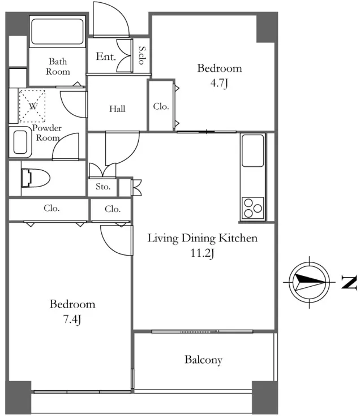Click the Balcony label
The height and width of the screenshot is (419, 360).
click(x=203, y=360)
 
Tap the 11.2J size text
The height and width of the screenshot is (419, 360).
click(x=202, y=253)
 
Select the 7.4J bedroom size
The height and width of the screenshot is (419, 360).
click(x=72, y=319)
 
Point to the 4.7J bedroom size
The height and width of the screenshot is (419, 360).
click(x=219, y=83)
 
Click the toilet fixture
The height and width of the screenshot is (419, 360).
click(x=35, y=178)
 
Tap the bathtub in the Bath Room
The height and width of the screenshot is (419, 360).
click(x=57, y=32)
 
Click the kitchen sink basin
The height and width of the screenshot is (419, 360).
click(x=253, y=150)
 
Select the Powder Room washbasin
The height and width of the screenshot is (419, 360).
click(x=20, y=142)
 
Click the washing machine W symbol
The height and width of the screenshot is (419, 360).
click(x=33, y=106)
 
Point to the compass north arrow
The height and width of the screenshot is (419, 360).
click(x=310, y=282)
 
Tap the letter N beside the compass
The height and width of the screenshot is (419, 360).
click(x=349, y=282)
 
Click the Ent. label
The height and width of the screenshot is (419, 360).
click(x=106, y=57)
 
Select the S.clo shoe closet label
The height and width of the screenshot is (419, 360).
click(x=142, y=55)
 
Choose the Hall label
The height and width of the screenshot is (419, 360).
click(x=117, y=109)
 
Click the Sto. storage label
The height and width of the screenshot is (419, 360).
click(x=103, y=187)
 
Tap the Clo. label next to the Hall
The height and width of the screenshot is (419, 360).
click(x=161, y=106)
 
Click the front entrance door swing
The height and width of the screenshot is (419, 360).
click(x=111, y=19)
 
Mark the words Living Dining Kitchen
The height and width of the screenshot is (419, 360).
click(x=203, y=238)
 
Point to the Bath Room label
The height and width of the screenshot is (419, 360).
click(x=58, y=67)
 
